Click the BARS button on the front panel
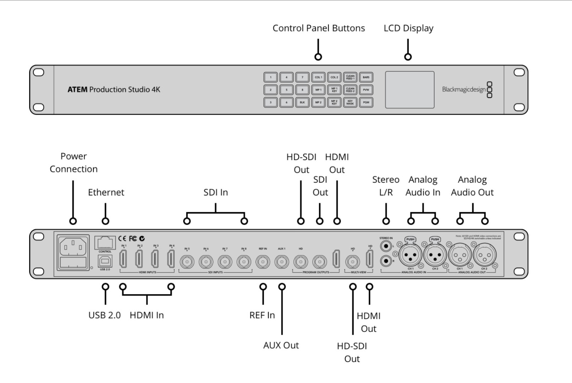point(366,77)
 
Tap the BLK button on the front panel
point(302,102)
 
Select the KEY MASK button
point(350,102)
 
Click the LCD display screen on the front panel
point(409,90)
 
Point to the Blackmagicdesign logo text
point(464,90)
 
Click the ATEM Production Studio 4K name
point(114,90)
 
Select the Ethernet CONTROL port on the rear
point(105,243)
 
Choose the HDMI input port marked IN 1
point(123,259)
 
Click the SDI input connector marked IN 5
point(187,262)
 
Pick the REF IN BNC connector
point(263,262)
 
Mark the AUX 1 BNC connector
point(282,262)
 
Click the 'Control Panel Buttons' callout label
point(318,28)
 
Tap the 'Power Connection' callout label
point(73,163)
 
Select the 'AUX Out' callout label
point(281,345)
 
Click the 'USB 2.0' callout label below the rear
point(104,315)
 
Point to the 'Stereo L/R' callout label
point(386,186)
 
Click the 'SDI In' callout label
point(216,193)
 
